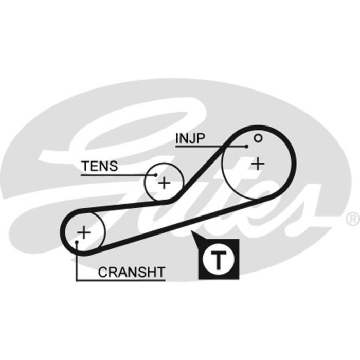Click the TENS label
click(100, 166)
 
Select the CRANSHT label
click(132, 272)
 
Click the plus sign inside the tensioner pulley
click(164, 183)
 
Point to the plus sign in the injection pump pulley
click(258, 164)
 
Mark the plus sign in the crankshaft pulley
click(83, 232)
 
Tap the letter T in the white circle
click(220, 260)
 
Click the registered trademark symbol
click(352, 220)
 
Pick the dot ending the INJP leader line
click(247, 147)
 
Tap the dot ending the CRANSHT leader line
click(77, 241)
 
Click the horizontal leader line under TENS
click(113, 175)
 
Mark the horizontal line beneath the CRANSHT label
click(121, 280)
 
